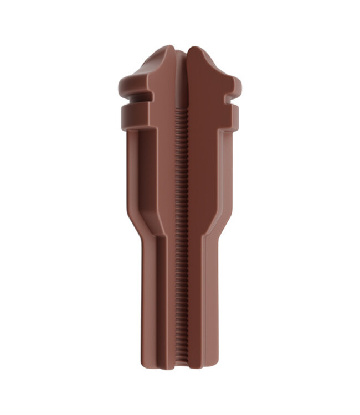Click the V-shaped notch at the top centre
(182, 51)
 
